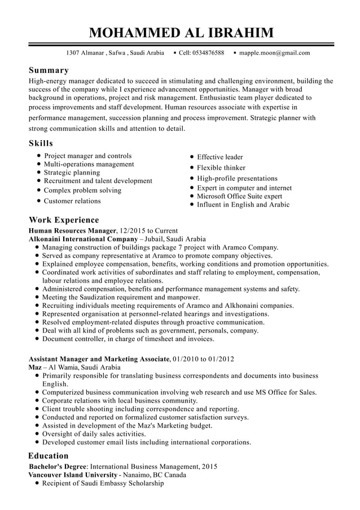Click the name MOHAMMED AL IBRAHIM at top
181,32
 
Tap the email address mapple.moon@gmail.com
274,53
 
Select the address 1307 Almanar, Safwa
115,53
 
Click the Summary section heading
49,71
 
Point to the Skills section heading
41,143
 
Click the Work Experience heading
64,220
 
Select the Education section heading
49,456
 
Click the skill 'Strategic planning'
72,173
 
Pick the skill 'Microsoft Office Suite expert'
239,197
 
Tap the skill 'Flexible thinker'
221,168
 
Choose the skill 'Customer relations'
72,201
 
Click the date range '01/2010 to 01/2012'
204,359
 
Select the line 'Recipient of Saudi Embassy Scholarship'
103,484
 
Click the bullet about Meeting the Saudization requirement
121,298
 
